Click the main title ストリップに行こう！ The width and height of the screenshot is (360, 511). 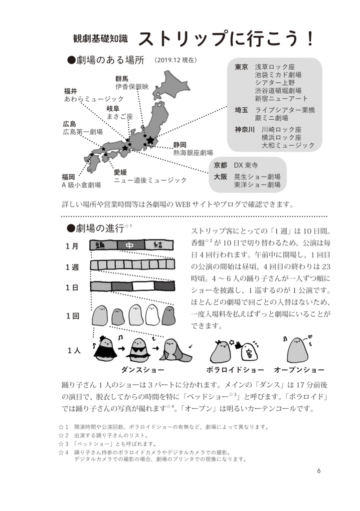point(226,39)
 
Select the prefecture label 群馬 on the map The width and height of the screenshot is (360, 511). point(122,78)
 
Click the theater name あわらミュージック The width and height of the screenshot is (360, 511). point(94,99)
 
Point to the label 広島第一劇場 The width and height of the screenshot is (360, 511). point(83,132)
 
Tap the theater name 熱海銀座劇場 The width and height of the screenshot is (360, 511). point(193,153)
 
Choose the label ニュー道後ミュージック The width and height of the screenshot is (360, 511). point(150,180)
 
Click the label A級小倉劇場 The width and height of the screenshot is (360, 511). point(81,185)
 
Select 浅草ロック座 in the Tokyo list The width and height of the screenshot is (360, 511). point(275,67)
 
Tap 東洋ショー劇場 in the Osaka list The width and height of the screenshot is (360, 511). point(257,184)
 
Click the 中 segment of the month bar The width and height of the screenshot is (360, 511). point(131,245)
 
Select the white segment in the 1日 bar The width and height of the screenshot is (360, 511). point(143,286)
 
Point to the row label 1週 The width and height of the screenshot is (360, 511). point(72,267)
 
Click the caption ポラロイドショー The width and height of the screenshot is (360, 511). point(235,370)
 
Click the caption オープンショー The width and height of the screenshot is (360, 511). point(299,370)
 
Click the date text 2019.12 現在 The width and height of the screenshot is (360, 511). point(176,60)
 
